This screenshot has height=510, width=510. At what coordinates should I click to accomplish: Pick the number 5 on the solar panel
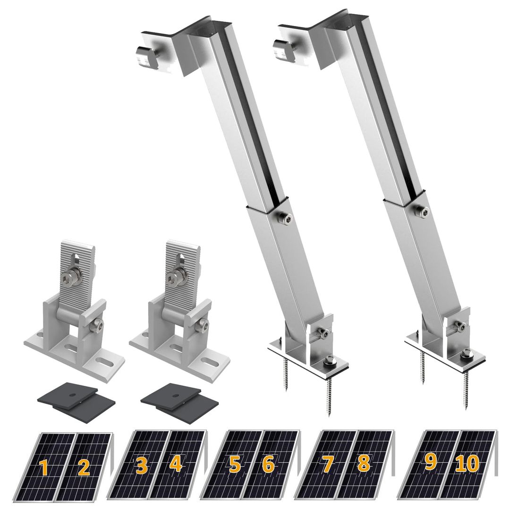[x=235, y=465]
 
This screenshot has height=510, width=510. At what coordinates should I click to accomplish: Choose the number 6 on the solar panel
[x=268, y=465]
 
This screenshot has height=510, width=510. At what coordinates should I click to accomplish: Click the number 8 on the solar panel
[x=363, y=464]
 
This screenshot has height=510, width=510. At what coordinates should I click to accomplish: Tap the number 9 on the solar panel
[x=430, y=462]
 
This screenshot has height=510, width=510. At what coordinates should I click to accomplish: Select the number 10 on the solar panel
[x=467, y=464]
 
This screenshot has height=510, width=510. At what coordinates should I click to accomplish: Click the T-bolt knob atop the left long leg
[x=143, y=54]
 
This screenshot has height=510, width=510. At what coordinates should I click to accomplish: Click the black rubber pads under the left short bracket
[x=77, y=397]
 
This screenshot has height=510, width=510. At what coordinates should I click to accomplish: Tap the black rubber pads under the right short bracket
[x=180, y=397]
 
